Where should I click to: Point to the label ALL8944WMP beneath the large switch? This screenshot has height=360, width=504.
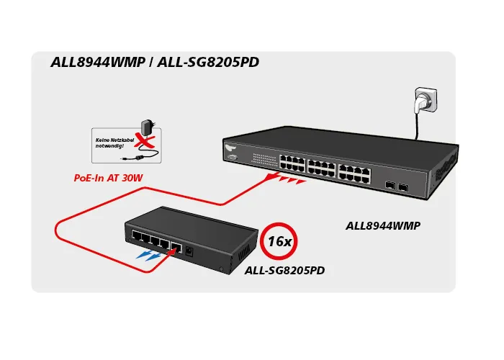click(x=383, y=225)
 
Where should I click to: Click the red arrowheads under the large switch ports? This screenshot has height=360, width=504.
click(x=287, y=181)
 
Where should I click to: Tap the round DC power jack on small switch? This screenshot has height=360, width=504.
click(x=189, y=250)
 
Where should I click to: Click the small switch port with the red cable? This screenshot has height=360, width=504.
click(x=175, y=246)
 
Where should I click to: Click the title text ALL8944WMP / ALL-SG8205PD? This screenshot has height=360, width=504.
click(x=155, y=63)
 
